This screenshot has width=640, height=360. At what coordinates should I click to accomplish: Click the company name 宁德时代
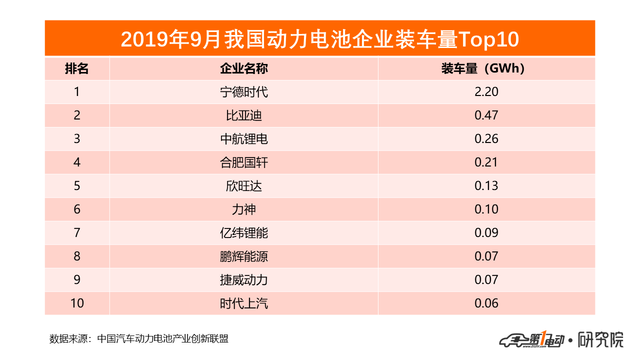tap(244, 92)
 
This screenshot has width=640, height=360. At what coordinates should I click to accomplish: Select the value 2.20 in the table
tap(486, 92)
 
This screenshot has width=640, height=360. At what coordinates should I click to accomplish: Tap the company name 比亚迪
tap(244, 115)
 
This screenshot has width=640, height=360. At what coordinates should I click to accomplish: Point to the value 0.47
tap(486, 115)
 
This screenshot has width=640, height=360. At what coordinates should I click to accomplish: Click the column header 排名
tap(77, 68)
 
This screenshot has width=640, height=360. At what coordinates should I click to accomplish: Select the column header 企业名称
tap(244, 68)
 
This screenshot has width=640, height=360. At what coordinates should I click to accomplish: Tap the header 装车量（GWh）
tap(483, 68)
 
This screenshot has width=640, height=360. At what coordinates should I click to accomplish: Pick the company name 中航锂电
tap(244, 139)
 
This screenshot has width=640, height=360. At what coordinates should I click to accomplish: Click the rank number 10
tap(77, 303)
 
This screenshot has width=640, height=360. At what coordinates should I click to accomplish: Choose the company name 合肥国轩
tap(244, 162)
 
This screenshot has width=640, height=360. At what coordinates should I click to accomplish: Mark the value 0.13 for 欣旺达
tap(486, 186)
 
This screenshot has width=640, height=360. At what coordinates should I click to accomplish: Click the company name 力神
tap(244, 209)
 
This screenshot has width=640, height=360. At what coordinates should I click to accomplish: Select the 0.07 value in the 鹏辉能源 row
tap(486, 256)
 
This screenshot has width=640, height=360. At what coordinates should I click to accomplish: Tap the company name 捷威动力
tap(244, 279)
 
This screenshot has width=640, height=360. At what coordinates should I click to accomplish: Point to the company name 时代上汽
tap(244, 303)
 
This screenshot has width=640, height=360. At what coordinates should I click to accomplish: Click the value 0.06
tap(486, 303)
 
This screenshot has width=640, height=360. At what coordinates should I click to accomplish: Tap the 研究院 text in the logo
tap(601, 340)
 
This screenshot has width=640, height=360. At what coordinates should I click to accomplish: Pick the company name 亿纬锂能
tap(244, 232)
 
